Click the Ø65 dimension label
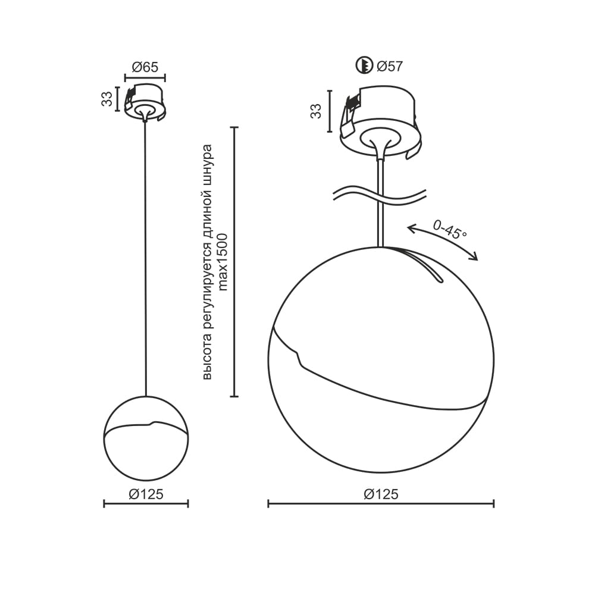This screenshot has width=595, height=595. [145, 67]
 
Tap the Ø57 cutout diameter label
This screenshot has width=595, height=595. [390, 66]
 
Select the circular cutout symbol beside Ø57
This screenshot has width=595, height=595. [364, 65]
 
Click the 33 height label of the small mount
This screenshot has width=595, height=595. [107, 99]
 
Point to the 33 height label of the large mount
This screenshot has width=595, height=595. [316, 111]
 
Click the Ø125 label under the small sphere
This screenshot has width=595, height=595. [146, 494]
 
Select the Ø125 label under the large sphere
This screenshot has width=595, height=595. [381, 494]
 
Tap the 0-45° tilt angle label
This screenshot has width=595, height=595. [450, 230]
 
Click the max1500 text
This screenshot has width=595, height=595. [223, 262]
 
